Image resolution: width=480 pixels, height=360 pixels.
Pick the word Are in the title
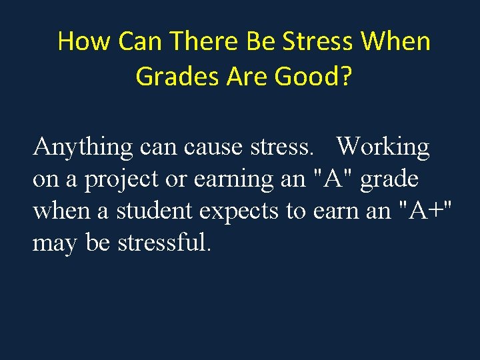[x=247, y=76]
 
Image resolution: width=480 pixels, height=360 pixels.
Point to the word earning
[x=235, y=179]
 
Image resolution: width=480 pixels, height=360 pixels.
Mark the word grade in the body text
[x=389, y=179]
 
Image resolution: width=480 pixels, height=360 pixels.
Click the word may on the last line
[x=55, y=243]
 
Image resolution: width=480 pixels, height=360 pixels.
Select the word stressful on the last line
[x=164, y=242]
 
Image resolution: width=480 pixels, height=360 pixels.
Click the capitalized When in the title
[x=395, y=41]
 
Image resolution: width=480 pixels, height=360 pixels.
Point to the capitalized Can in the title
[x=138, y=41]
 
